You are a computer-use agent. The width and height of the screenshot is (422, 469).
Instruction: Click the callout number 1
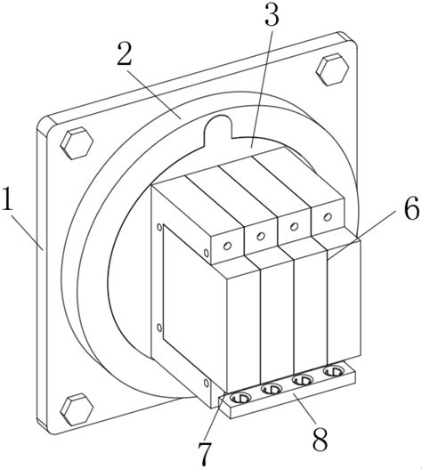pyautogui.click(x=7, y=198)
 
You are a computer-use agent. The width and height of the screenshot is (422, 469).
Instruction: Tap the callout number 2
pyautogui.click(x=125, y=53)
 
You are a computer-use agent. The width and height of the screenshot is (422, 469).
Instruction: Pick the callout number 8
pyautogui.click(x=321, y=440)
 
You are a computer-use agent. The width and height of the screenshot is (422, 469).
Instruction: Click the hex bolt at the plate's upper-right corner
pyautogui.click(x=332, y=69)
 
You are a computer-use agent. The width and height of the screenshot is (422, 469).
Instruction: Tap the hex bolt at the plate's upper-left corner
pyautogui.click(x=77, y=143)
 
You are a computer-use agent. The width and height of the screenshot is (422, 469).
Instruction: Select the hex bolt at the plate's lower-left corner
pyautogui.click(x=77, y=409)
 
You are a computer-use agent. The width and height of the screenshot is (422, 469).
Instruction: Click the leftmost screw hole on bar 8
pyautogui.click(x=240, y=398)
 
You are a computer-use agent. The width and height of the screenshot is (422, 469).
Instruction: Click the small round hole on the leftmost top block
pyautogui.click(x=227, y=246)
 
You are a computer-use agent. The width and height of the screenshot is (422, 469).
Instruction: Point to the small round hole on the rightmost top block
pyautogui.click(x=328, y=216)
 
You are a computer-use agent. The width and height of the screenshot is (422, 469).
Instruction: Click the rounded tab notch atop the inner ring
pyautogui.click(x=218, y=129)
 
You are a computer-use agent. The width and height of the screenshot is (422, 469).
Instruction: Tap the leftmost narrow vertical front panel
pyautogui.click(x=244, y=329)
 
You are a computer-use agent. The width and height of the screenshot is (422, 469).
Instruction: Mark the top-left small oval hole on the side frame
pyautogui.click(x=159, y=227)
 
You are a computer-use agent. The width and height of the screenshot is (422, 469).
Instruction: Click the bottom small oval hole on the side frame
pyautogui.click(x=206, y=384)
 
